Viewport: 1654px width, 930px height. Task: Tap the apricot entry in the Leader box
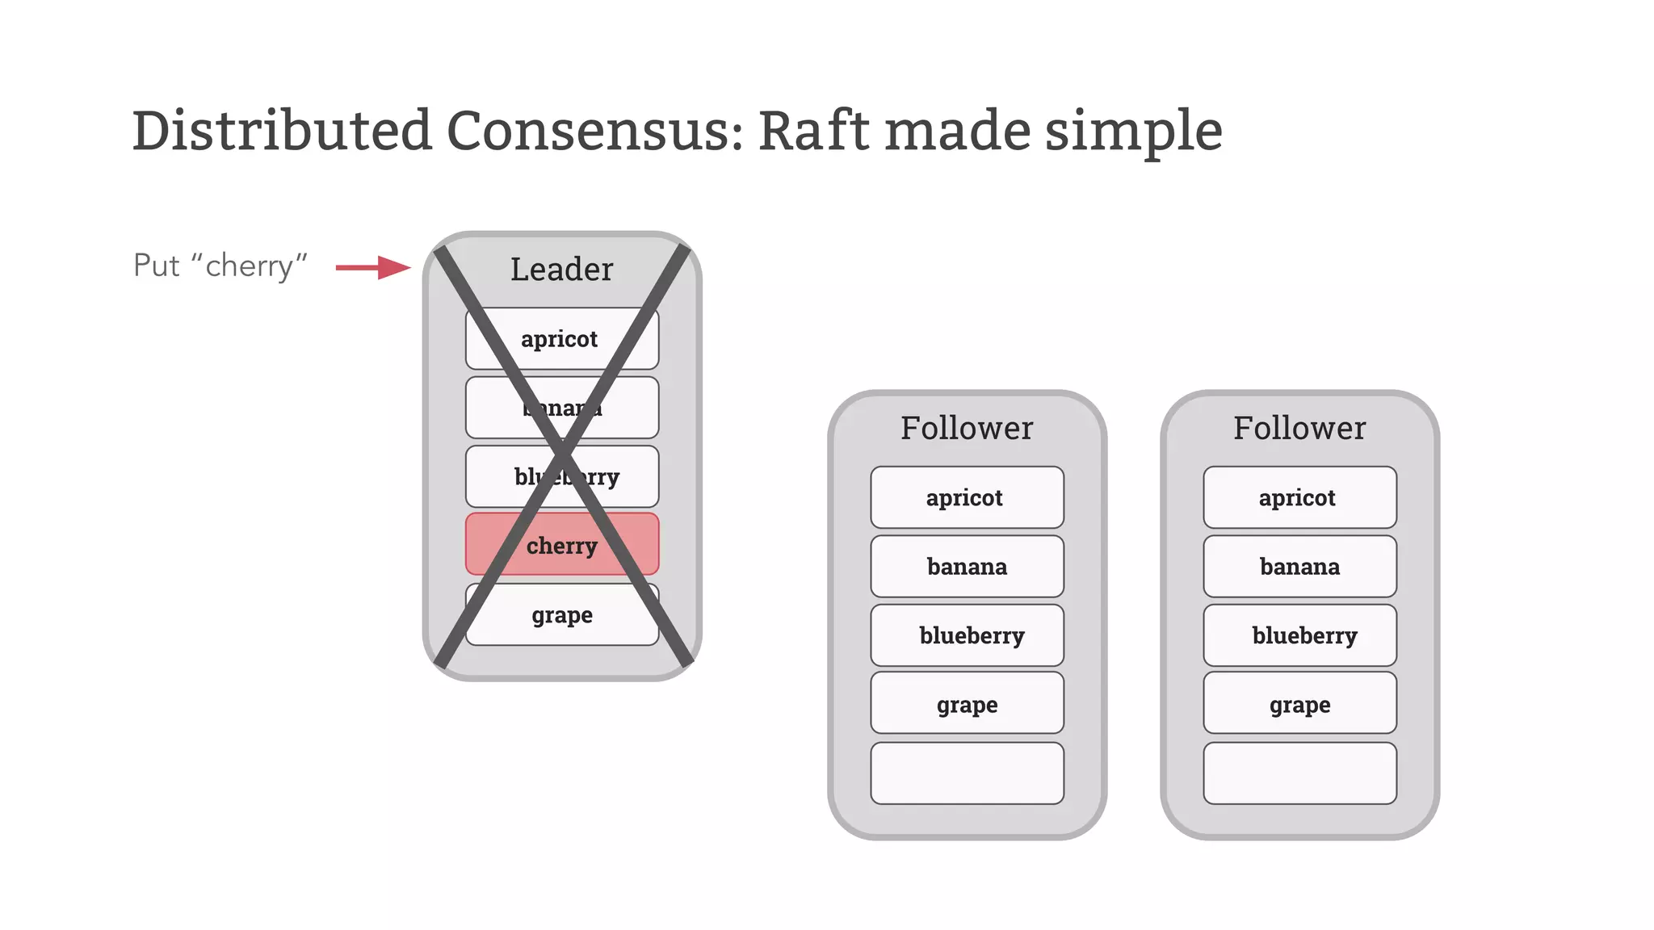click(x=560, y=338)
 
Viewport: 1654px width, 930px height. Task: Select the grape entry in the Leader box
click(x=562, y=615)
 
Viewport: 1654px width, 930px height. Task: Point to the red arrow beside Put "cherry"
click(x=373, y=267)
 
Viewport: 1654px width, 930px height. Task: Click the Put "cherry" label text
click(x=220, y=266)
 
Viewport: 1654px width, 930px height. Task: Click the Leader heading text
click(x=561, y=270)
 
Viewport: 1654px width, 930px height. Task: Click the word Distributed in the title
click(x=282, y=131)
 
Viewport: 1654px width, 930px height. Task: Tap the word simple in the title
click(x=1133, y=131)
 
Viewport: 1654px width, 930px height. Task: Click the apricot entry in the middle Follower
click(x=966, y=497)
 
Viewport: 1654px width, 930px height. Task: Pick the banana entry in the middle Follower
click(x=967, y=567)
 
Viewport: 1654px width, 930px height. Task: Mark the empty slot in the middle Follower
click(x=967, y=773)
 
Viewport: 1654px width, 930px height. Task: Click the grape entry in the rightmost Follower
click(x=1299, y=704)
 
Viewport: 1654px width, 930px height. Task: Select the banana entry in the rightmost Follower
click(x=1299, y=567)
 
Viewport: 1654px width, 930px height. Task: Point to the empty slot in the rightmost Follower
click(x=1299, y=773)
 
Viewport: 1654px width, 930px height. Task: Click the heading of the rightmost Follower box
click(x=1299, y=428)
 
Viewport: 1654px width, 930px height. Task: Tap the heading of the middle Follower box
click(x=967, y=428)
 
